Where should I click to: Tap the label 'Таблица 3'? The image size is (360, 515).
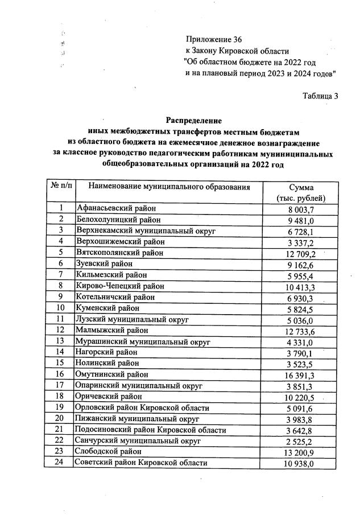(x=320, y=96)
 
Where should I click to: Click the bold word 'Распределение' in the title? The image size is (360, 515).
(x=193, y=121)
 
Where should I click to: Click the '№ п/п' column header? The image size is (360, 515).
(x=59, y=187)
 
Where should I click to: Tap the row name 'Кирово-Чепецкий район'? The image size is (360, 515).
(x=119, y=286)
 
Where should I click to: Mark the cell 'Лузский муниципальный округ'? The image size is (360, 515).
(x=132, y=319)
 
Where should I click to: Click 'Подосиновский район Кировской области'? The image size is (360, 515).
(x=151, y=430)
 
